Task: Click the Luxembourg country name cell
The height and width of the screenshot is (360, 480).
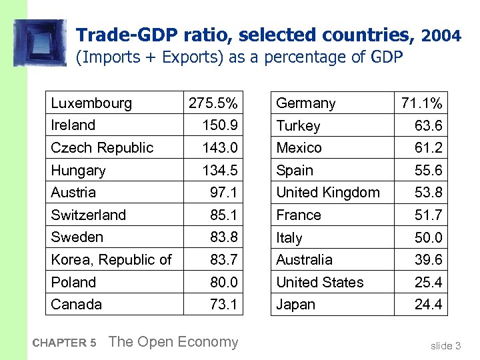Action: coord(91,103)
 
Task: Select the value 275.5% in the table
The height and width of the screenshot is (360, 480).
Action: coord(213,103)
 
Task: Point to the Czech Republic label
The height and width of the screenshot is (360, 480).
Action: coord(102,148)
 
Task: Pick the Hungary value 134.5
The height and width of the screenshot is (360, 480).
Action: coord(219,171)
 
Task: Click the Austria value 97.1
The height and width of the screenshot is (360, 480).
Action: coord(223,193)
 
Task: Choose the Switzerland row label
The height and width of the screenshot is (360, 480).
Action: coord(88,215)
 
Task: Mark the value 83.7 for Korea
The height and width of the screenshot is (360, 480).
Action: coord(223,260)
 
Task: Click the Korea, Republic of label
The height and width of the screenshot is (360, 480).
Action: coord(111,260)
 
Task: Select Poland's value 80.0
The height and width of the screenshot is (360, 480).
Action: coord(223,283)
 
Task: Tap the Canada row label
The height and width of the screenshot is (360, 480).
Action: coord(77,305)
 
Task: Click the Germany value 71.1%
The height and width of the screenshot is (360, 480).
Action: coord(421,103)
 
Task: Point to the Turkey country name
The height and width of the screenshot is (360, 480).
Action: coord(298,126)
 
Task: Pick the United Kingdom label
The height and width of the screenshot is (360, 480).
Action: coord(328,193)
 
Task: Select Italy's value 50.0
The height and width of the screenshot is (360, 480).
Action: coord(428,238)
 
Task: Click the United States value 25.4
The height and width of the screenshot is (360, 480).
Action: coord(428,283)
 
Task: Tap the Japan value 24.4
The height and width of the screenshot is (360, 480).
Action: coord(428,305)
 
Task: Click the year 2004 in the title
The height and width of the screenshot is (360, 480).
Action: coord(441,36)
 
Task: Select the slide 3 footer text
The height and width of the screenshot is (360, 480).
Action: coord(445,345)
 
